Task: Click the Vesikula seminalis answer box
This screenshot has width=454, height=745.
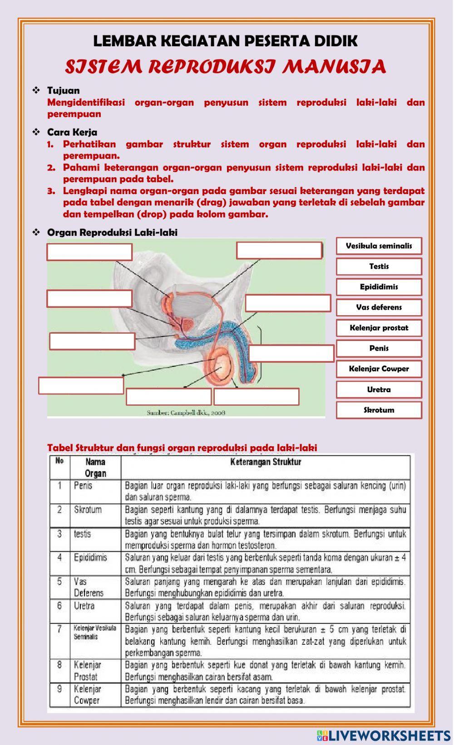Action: (x=379, y=246)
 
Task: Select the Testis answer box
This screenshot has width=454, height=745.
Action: (x=379, y=266)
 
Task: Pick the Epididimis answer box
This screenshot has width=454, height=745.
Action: (x=379, y=287)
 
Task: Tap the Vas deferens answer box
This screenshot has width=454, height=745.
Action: (x=379, y=307)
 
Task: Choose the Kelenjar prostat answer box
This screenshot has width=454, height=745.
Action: (x=379, y=328)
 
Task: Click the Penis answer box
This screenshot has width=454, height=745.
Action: (x=379, y=348)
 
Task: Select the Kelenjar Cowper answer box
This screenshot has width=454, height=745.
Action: (x=379, y=369)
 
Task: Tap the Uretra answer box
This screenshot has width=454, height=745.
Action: (x=379, y=390)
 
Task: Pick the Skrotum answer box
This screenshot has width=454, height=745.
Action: (x=379, y=410)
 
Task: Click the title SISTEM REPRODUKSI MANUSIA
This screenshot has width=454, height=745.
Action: (x=226, y=67)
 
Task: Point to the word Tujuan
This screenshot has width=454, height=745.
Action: (x=63, y=90)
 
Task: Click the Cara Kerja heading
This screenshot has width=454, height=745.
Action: (x=72, y=132)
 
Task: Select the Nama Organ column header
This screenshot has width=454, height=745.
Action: (x=95, y=467)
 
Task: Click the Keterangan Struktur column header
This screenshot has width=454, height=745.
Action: (x=266, y=462)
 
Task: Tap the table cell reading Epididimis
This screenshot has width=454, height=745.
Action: (x=90, y=557)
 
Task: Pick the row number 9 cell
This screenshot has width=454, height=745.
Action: (x=59, y=689)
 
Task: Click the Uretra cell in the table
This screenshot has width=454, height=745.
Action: (x=84, y=606)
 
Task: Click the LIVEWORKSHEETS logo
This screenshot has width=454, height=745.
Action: (x=384, y=735)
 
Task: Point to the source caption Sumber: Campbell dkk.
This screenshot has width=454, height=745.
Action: (x=186, y=413)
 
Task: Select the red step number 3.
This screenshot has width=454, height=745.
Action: (x=51, y=191)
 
